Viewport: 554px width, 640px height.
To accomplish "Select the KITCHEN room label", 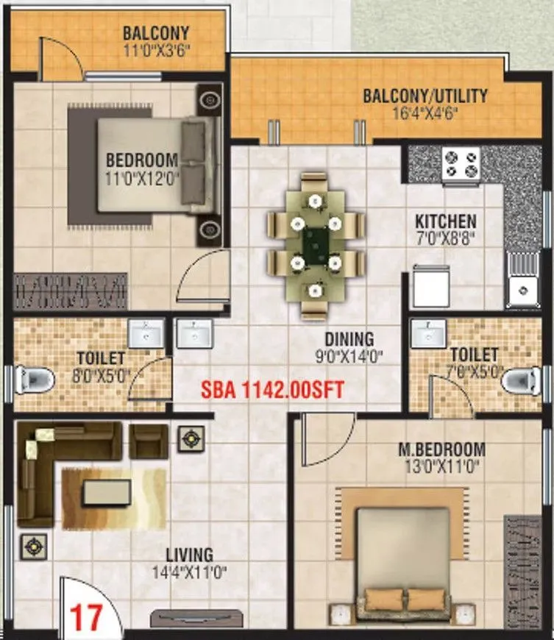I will (x=445, y=221).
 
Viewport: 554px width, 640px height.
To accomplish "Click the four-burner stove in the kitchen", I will (x=461, y=165).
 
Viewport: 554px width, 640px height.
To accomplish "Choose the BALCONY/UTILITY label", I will (x=425, y=96).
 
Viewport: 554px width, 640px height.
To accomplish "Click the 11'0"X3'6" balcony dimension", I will (x=156, y=51).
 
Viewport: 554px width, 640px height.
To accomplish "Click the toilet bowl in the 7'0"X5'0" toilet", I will (x=524, y=380).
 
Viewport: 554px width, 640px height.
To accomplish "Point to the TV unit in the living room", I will (x=187, y=619).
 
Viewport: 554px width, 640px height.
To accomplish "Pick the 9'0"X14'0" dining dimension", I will (x=350, y=358).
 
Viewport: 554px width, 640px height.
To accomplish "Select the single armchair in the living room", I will (x=149, y=440).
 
